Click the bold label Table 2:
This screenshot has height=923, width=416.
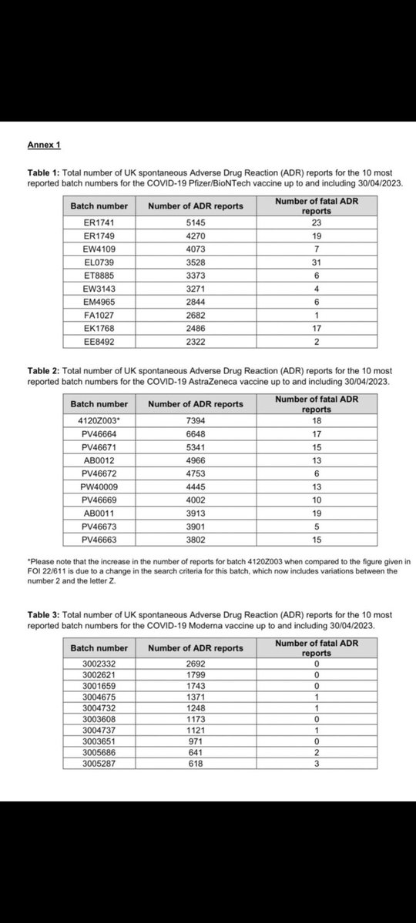pos(45,371)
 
